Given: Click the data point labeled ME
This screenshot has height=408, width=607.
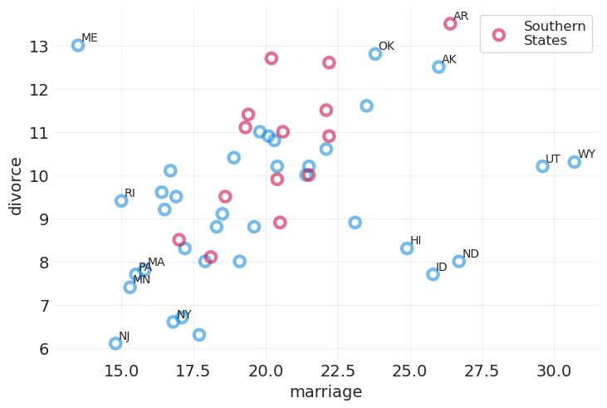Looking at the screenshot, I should coord(78,46).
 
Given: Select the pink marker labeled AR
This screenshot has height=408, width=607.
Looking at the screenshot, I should coord(450,24).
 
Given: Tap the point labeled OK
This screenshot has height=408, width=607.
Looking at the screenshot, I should coord(375,54).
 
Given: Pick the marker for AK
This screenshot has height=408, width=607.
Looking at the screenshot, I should coord(438,67).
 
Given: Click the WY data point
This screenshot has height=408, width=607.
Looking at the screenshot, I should coord(575,162).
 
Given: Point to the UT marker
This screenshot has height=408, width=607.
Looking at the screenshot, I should coord(543,166).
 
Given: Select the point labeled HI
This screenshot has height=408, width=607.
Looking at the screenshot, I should coord(407,248).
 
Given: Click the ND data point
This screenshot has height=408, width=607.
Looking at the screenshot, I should coord(459,261).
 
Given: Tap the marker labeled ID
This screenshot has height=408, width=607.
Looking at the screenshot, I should coord(433,274).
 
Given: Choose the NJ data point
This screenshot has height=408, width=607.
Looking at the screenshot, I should coord(115,343).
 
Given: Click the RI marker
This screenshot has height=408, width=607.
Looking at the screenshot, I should coord(121,201).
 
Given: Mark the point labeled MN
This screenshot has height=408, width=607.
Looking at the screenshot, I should coord(130,288).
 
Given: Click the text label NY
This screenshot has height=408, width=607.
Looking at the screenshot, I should coord(184,315).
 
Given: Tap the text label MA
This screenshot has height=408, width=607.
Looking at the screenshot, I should coord(156,263).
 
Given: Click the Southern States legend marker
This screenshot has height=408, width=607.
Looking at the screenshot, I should coord(498,35).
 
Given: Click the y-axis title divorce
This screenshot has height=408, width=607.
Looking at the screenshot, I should coord(16,185).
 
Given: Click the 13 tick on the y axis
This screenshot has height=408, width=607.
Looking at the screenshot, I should coord(39,47).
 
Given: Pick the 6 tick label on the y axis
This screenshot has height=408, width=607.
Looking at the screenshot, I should coord(42,349).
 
